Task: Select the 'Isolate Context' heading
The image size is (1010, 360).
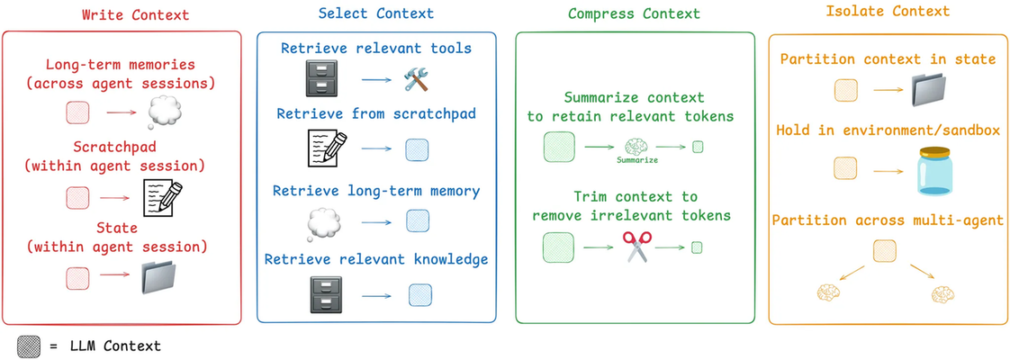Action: [888, 13]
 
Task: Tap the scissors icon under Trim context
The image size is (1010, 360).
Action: [636, 246]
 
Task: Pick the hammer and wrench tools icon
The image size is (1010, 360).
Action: [419, 81]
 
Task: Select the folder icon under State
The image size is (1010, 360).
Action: [163, 279]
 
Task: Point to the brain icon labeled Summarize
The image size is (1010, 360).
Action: [636, 147]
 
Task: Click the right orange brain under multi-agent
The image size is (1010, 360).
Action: [942, 292]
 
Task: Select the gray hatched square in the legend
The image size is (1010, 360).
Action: [28, 346]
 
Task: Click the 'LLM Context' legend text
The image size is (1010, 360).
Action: [113, 346]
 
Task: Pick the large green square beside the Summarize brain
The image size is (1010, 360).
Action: [558, 147]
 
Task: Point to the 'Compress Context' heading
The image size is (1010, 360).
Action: [633, 14]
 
